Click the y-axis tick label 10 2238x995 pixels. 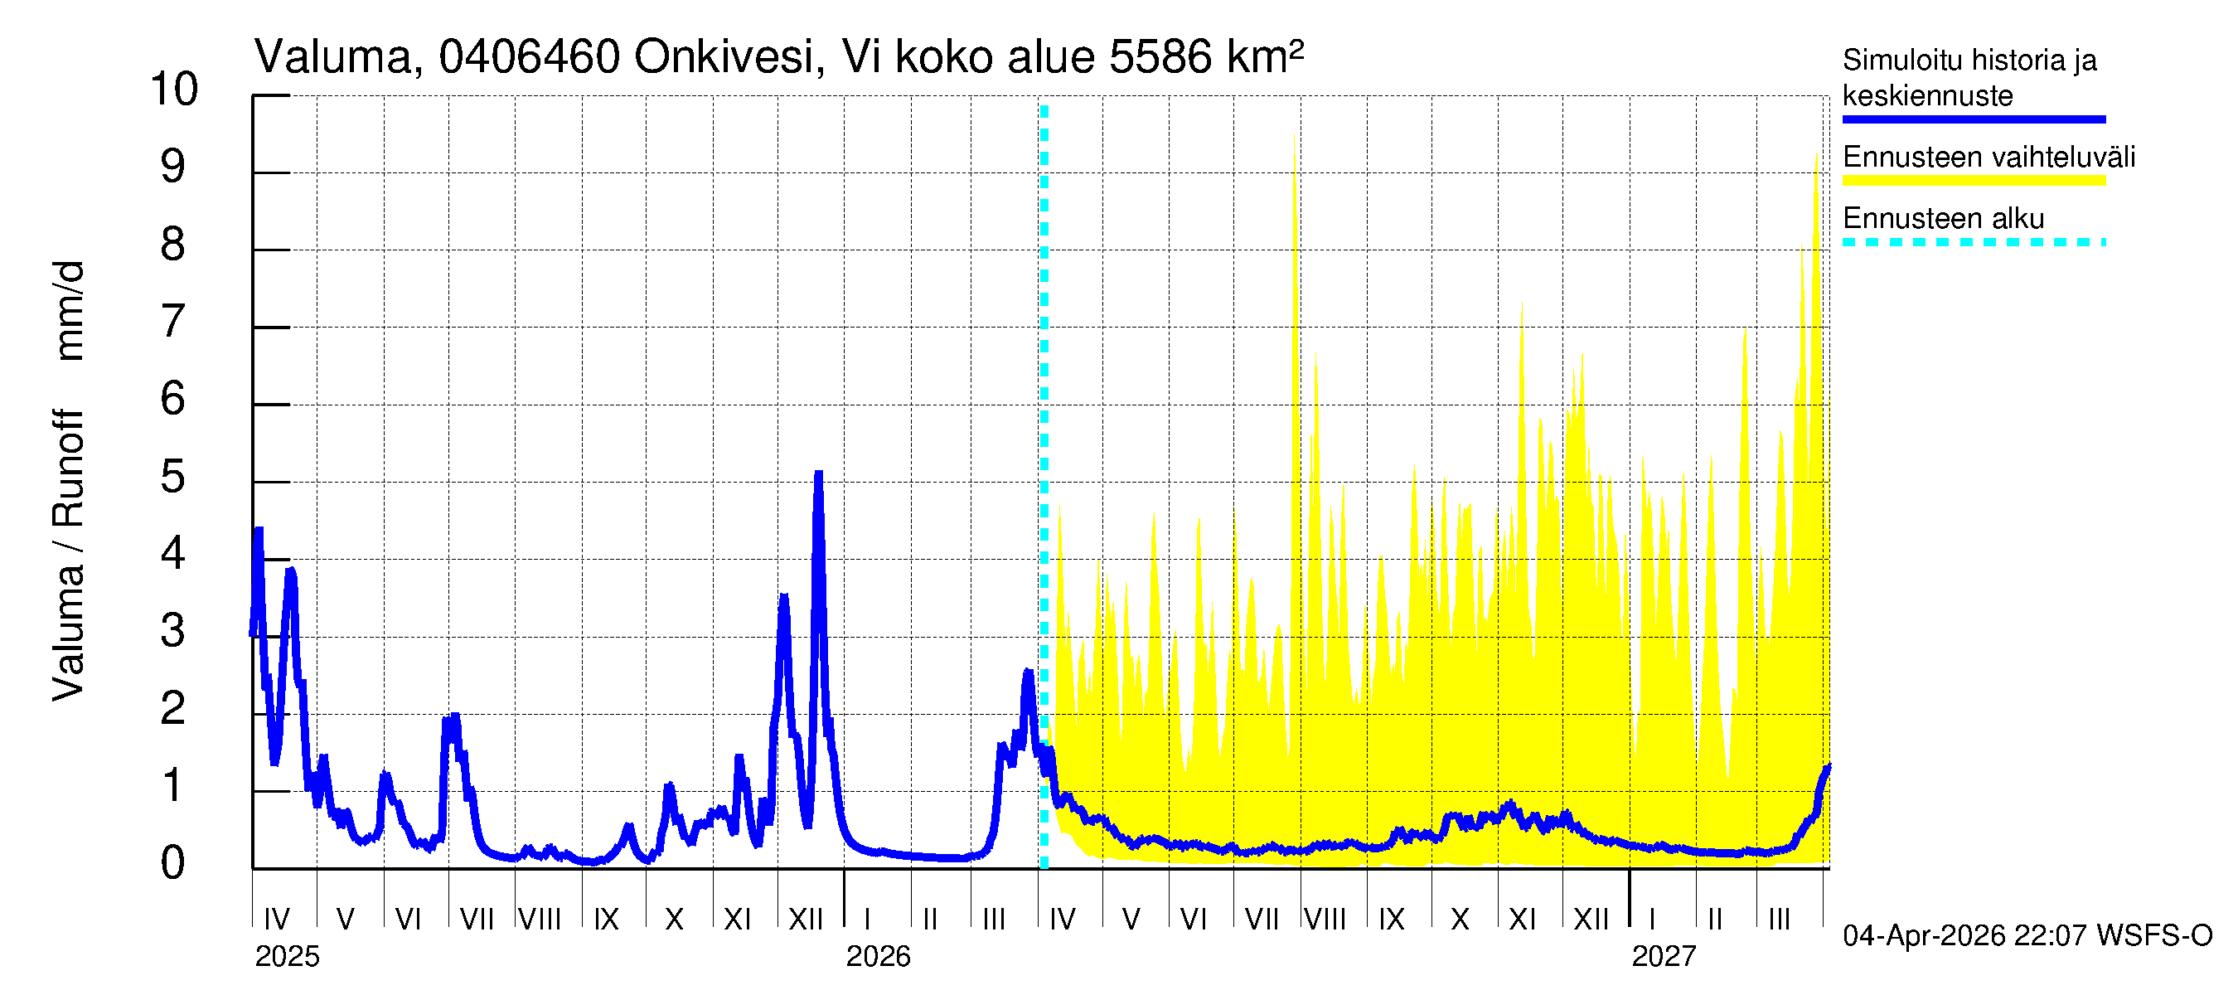[174, 90]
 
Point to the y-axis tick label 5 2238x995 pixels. [173, 477]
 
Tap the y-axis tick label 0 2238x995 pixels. [173, 863]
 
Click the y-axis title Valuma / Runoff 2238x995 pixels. [68, 556]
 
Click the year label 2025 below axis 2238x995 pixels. [287, 956]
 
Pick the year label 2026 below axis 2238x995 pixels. [878, 956]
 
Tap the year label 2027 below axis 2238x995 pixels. [1663, 956]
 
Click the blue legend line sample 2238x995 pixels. [1973, 119]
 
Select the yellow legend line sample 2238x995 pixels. [1973, 181]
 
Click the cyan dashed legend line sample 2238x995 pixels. [1973, 241]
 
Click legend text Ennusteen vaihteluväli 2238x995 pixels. [1989, 158]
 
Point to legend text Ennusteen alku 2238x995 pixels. [1944, 218]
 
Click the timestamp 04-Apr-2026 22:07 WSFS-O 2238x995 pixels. [2027, 935]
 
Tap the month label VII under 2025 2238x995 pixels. [476, 919]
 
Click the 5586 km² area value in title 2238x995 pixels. [1206, 57]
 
